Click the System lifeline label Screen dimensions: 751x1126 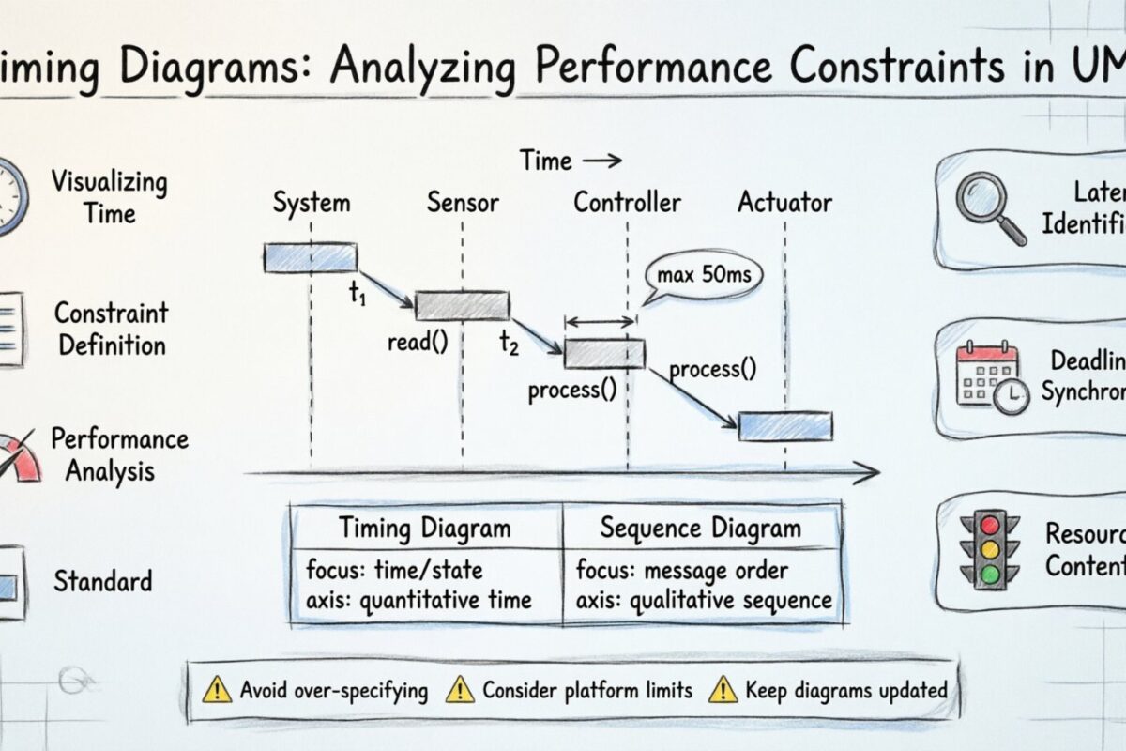pyautogui.click(x=311, y=202)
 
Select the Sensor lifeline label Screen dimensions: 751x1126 pyautogui.click(x=463, y=202)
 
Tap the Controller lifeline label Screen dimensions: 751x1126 pyautogui.click(x=627, y=202)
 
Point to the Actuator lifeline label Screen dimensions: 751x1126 pyautogui.click(x=784, y=202)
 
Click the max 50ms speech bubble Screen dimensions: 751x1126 pyautogui.click(x=704, y=276)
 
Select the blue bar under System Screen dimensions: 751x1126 pyautogui.click(x=311, y=257)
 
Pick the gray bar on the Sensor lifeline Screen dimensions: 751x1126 pyautogui.click(x=463, y=305)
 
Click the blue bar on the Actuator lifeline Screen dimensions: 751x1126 pyautogui.click(x=785, y=425)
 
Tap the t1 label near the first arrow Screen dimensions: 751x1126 pyautogui.click(x=358, y=293)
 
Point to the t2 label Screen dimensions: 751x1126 pyautogui.click(x=509, y=344)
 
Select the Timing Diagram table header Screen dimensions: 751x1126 pyautogui.click(x=425, y=528)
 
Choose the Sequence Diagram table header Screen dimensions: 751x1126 pyautogui.click(x=700, y=528)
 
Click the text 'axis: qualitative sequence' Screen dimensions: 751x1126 pyautogui.click(x=704, y=600)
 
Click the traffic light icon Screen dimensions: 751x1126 pyautogui.click(x=984, y=550)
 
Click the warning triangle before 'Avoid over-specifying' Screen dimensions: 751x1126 pyautogui.click(x=217, y=691)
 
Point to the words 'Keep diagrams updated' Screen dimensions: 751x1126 pyautogui.click(x=845, y=690)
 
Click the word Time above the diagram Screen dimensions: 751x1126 pyautogui.click(x=546, y=161)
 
